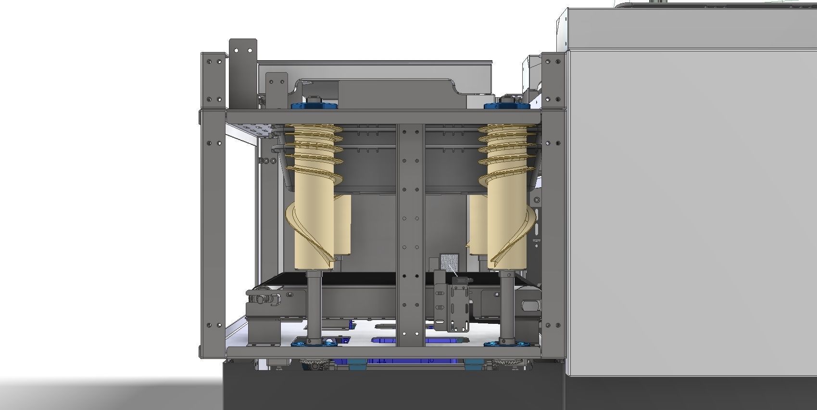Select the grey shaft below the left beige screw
314,303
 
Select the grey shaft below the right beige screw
507,303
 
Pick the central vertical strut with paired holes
410,231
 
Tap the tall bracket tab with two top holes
243,72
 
